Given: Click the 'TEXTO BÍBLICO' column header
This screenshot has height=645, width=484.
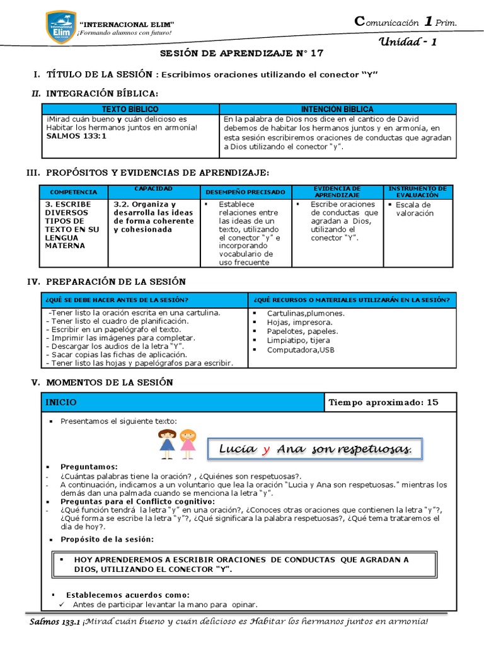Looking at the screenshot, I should pyautogui.click(x=130, y=110).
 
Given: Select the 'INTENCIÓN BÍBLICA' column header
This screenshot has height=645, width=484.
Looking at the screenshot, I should pyautogui.click(x=337, y=110).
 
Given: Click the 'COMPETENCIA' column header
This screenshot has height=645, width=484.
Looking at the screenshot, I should pyautogui.click(x=73, y=191).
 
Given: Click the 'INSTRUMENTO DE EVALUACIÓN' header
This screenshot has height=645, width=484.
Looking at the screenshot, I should pyautogui.click(x=417, y=191).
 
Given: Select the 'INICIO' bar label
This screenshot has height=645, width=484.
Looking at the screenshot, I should pyautogui.click(x=61, y=402).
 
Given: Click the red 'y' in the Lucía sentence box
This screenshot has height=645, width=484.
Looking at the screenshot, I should pyautogui.click(x=267, y=449).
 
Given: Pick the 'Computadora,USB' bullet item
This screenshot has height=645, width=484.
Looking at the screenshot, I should pyautogui.click(x=292, y=350).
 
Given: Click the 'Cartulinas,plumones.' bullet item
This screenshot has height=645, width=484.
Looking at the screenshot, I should pyautogui.click(x=306, y=313).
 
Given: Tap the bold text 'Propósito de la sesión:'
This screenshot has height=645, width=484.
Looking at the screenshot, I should pyautogui.click(x=107, y=539).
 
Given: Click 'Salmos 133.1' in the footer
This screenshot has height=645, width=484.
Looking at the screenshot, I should pyautogui.click(x=55, y=623).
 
